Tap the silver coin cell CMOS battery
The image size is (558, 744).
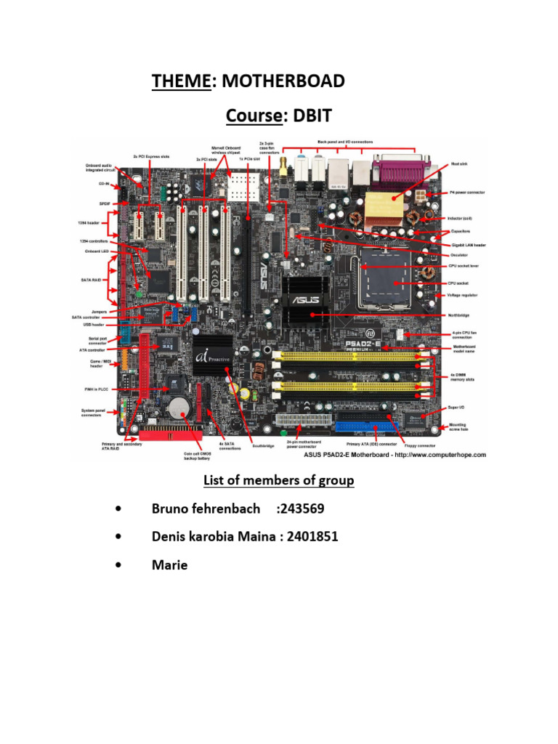pyautogui.click(x=179, y=408)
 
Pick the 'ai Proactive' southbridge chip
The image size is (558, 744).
pyautogui.click(x=212, y=356)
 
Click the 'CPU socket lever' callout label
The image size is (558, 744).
pyautogui.click(x=463, y=267)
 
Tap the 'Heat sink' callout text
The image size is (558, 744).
pyautogui.click(x=458, y=166)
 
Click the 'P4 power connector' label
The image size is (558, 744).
pyautogui.click(x=466, y=193)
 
